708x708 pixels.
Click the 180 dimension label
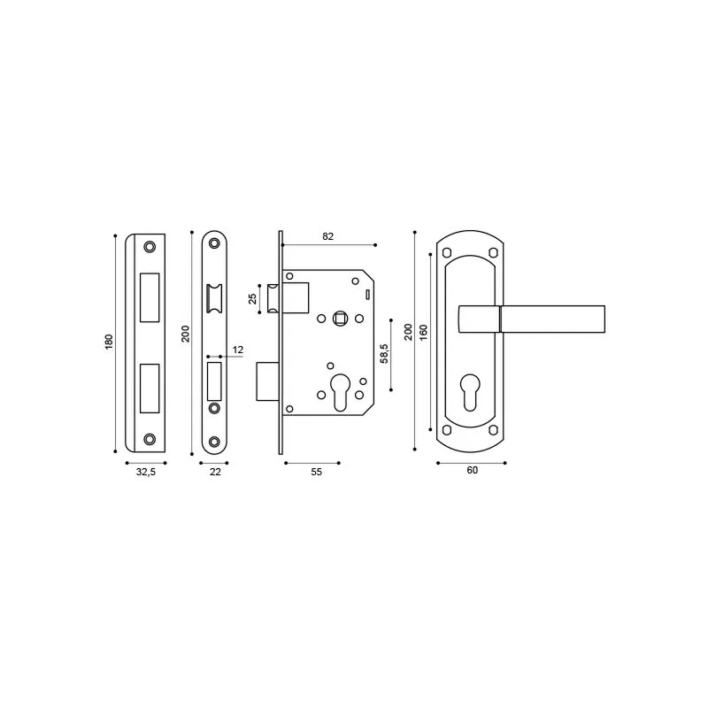109,342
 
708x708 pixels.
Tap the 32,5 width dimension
146,472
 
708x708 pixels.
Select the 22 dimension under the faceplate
215,472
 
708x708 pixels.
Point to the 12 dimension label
238,350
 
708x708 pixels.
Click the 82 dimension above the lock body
327,236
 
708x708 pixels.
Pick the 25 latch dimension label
253,298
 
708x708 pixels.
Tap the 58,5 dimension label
384,353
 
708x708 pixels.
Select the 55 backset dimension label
317,472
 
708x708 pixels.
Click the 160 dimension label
423,333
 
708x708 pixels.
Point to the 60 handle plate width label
473,470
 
